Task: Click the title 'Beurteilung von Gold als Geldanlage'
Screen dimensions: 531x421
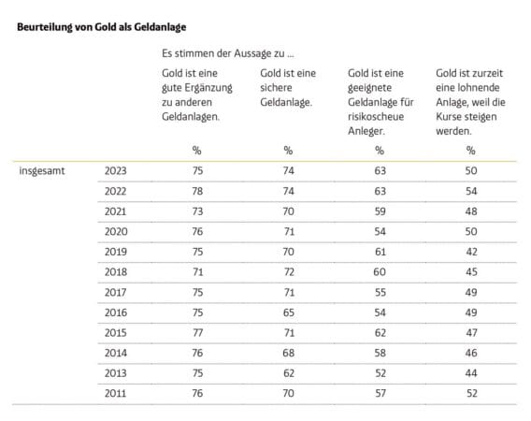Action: click(x=102, y=27)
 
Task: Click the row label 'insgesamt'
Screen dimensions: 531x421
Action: click(x=42, y=171)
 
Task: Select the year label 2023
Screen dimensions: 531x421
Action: click(x=116, y=170)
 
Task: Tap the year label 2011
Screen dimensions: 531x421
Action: click(x=116, y=393)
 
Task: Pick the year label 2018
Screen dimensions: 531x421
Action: click(x=116, y=272)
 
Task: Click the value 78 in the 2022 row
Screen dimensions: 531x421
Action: click(x=197, y=191)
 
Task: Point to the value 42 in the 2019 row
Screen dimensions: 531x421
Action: click(x=471, y=252)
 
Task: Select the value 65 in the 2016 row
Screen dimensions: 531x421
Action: click(x=289, y=312)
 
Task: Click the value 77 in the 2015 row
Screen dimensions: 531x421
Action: click(x=197, y=333)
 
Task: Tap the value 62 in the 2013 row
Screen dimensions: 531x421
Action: click(x=289, y=373)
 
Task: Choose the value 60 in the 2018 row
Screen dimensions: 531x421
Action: click(x=380, y=272)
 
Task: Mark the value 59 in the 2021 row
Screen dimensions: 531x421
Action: click(x=380, y=211)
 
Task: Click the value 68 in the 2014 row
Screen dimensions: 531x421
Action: click(x=289, y=353)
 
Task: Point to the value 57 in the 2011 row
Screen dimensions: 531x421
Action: click(x=380, y=393)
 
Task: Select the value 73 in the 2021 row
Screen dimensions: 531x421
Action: click(x=197, y=211)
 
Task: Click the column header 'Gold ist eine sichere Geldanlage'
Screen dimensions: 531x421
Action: click(x=288, y=88)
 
